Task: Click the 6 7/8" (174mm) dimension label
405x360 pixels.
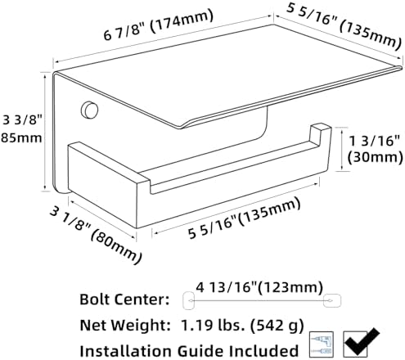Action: point(158,25)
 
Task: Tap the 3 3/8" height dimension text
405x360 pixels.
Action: point(23,119)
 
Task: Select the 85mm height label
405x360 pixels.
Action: point(21,138)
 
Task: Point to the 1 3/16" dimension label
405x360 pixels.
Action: point(374,141)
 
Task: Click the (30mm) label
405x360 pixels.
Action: point(375,158)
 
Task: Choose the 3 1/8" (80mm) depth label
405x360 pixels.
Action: point(96,234)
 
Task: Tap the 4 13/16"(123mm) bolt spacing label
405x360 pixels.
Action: point(259,287)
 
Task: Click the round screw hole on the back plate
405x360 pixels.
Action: point(89,110)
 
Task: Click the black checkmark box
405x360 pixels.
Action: point(361,344)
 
